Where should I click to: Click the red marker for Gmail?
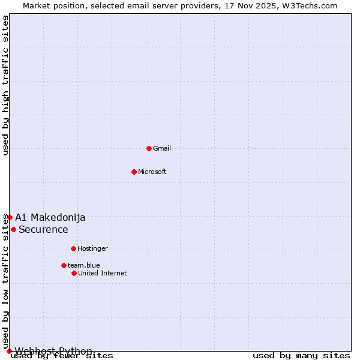click(x=149, y=148)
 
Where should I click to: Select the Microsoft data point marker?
click(x=134, y=172)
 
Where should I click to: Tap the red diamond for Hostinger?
click(x=73, y=248)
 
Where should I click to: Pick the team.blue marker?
click(x=64, y=265)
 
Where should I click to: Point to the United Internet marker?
click(x=74, y=273)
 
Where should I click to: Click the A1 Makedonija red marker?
click(x=10, y=217)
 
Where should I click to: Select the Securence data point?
click(x=13, y=229)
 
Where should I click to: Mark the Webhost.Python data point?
click(x=9, y=351)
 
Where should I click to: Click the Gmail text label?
click(x=162, y=148)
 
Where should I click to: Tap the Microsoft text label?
click(x=152, y=172)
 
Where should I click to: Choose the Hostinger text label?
click(x=92, y=248)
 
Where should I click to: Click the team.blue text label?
click(x=84, y=265)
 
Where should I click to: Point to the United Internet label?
click(x=103, y=273)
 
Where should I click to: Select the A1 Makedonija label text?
click(x=50, y=217)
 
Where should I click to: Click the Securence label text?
click(x=43, y=229)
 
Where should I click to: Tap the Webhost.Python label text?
click(x=54, y=351)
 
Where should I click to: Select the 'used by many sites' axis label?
click(x=301, y=356)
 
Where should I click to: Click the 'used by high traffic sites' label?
click(x=5, y=85)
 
